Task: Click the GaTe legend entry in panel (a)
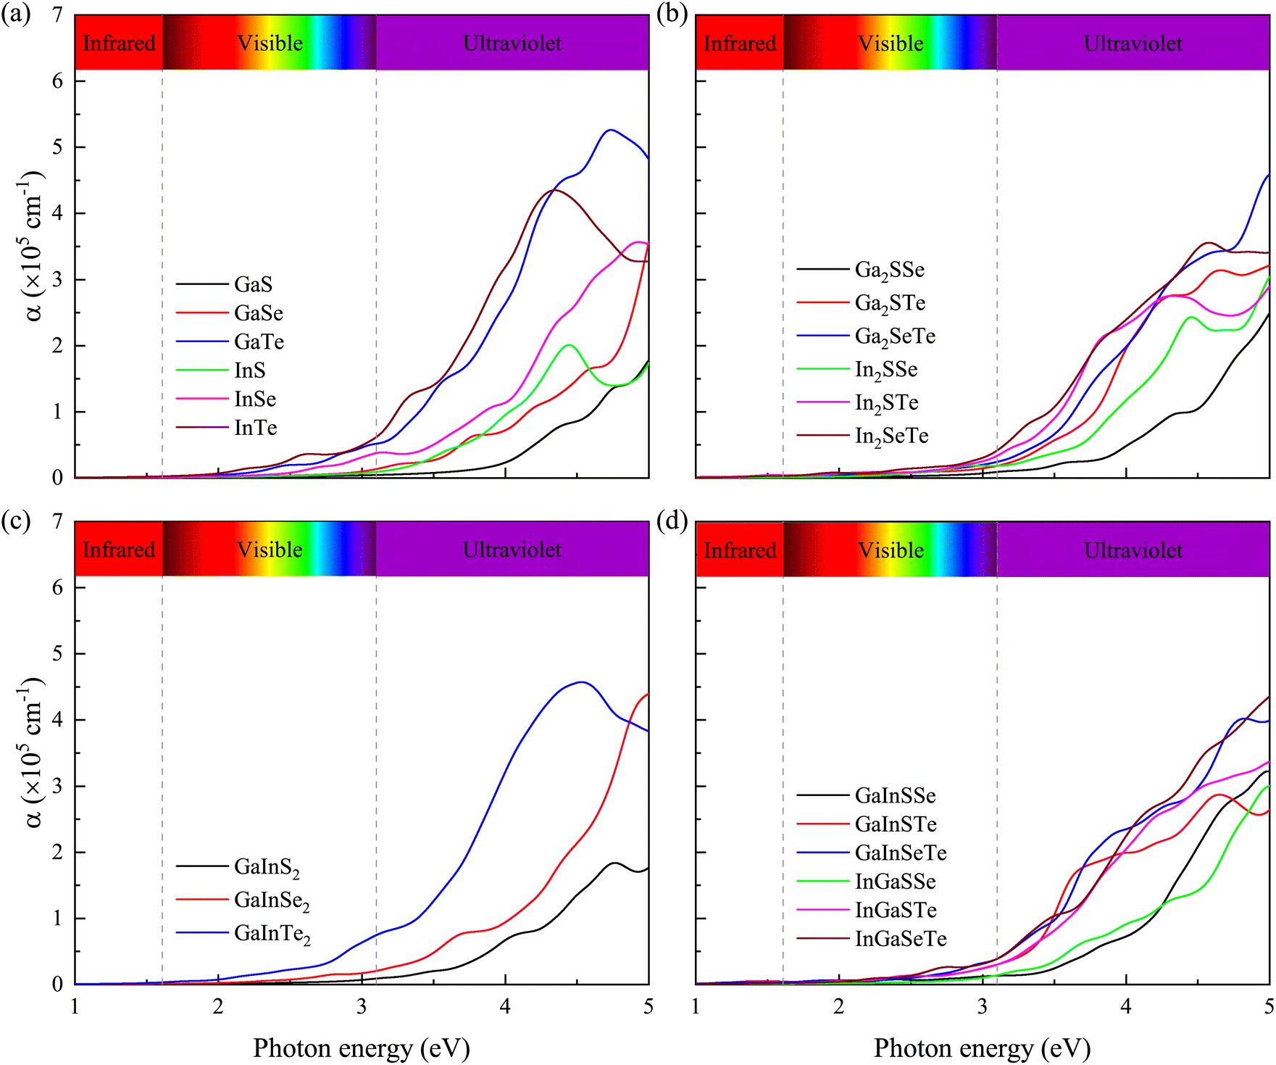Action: [259, 341]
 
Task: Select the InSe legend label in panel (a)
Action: [255, 399]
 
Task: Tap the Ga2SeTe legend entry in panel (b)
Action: [895, 336]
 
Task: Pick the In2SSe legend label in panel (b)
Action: [886, 370]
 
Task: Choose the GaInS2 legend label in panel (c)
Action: [267, 867]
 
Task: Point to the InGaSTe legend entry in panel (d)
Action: [896, 911]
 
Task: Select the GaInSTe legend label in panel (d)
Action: [896, 824]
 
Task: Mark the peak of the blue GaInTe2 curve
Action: [581, 682]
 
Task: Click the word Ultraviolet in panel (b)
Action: [1133, 43]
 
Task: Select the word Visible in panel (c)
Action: [270, 550]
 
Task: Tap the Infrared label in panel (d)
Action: [740, 550]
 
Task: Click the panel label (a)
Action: [16, 14]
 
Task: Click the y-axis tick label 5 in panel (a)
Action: [58, 147]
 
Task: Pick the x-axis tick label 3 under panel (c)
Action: [362, 1006]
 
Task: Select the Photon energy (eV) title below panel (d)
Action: [982, 1048]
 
